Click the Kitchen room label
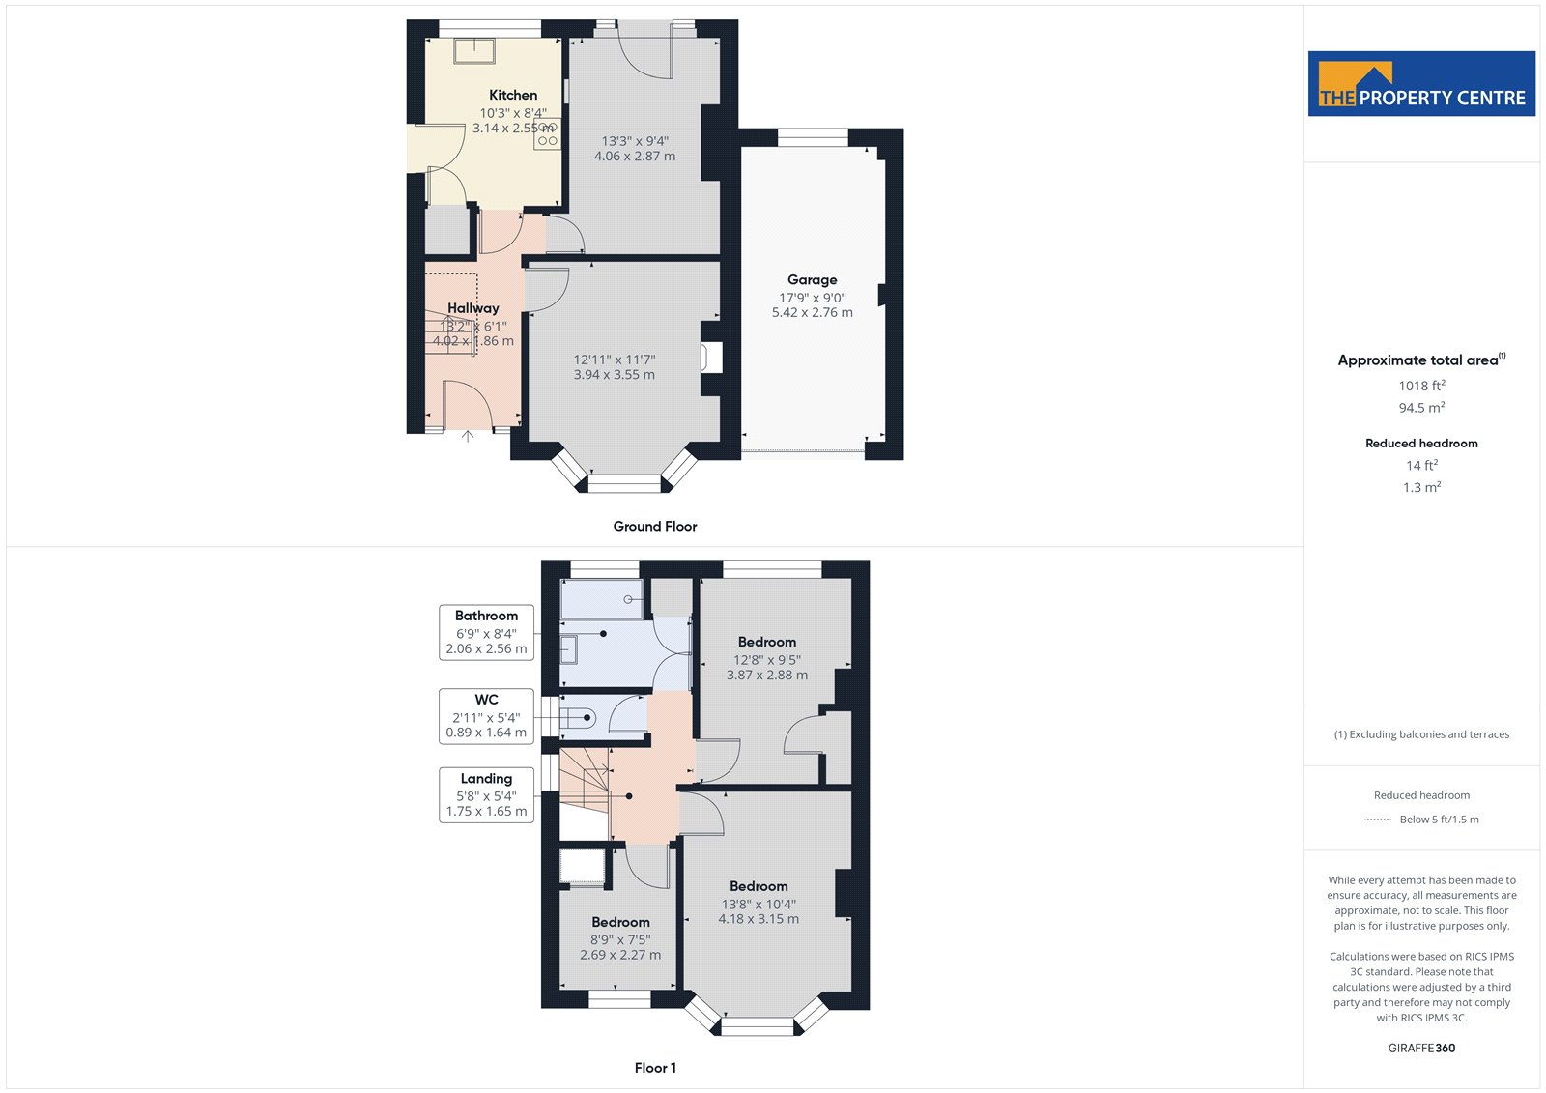point(513,95)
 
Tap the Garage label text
point(813,279)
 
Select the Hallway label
point(472,308)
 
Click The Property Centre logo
point(1421,83)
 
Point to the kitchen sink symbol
point(474,51)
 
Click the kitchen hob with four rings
point(547,133)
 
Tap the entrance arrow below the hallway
point(468,437)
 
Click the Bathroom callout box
point(487,632)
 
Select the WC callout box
point(487,716)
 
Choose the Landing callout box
point(487,794)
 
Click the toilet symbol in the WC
point(578,719)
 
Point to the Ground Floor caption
point(655,526)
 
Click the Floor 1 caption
point(655,1068)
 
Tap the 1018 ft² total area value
point(1421,386)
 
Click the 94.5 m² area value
point(1421,408)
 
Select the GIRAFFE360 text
point(1421,1048)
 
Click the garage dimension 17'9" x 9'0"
point(813,298)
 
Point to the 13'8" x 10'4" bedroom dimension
point(759,904)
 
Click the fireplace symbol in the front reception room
point(711,358)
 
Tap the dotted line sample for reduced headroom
point(1378,820)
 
